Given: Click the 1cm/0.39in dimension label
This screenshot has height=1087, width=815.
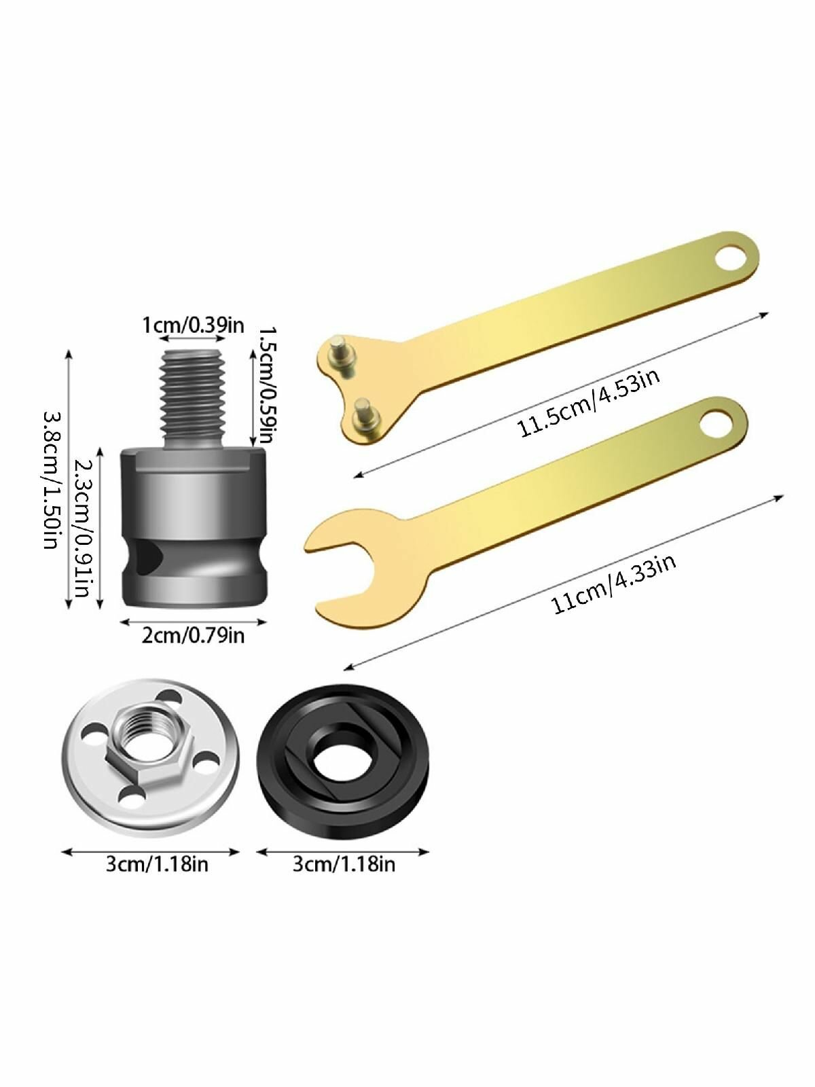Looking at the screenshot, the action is [193, 325].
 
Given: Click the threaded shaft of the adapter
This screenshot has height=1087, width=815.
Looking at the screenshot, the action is [192, 399].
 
